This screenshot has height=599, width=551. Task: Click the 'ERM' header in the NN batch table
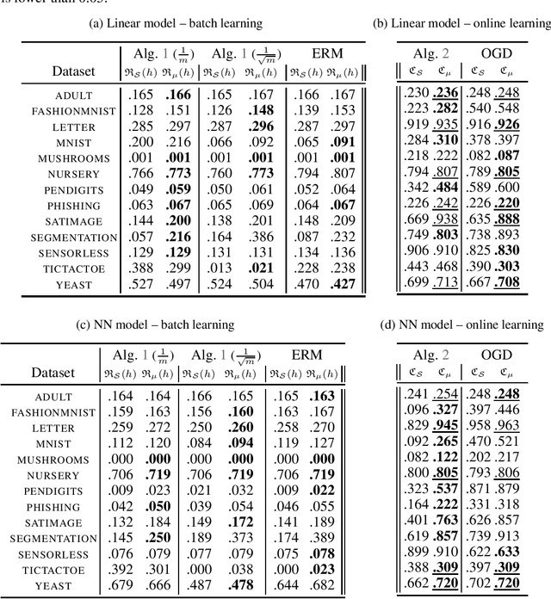306,355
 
